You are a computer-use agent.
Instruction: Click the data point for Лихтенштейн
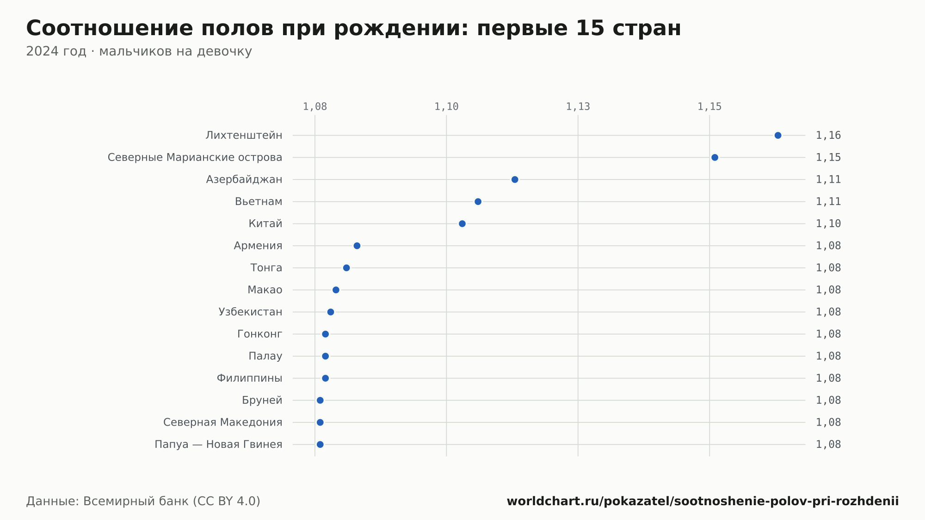point(778,136)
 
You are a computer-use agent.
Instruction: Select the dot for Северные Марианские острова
point(715,158)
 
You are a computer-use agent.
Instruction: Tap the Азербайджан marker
point(515,180)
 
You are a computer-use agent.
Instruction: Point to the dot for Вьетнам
point(478,202)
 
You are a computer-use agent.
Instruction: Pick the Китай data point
point(462,224)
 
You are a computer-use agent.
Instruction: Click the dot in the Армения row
point(357,246)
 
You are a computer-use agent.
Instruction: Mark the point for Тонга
point(346,268)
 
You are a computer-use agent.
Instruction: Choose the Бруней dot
point(320,400)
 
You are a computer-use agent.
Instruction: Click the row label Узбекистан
point(250,312)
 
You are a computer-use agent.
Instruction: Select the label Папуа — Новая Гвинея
point(218,445)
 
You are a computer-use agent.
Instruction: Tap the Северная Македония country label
point(222,422)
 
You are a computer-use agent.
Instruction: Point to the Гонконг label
point(259,334)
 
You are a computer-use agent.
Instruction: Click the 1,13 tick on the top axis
point(578,107)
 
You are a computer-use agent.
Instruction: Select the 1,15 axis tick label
point(709,107)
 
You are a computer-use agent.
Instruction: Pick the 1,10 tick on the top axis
point(446,107)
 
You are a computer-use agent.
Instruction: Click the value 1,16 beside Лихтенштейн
point(828,136)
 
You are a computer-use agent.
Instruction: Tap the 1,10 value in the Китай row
point(828,224)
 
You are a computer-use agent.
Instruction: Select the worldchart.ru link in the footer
point(703,501)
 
